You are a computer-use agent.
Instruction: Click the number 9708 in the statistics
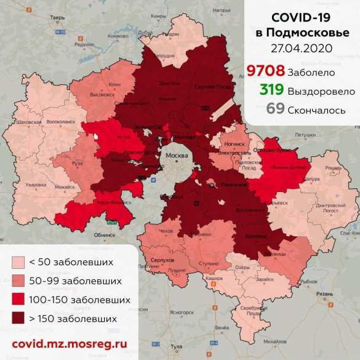[266, 71]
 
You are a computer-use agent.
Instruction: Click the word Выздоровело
[321, 91]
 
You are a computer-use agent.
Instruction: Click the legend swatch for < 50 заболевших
[19, 263]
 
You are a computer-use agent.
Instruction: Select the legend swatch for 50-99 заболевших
[19, 281]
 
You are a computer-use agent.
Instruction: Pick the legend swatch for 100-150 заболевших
[19, 300]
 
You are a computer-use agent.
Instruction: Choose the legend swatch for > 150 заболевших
[19, 319]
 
